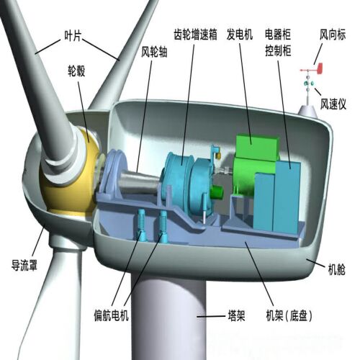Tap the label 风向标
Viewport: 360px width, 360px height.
(332, 33)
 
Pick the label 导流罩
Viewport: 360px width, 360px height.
(24, 264)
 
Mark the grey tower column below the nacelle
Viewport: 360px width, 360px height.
(169, 317)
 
